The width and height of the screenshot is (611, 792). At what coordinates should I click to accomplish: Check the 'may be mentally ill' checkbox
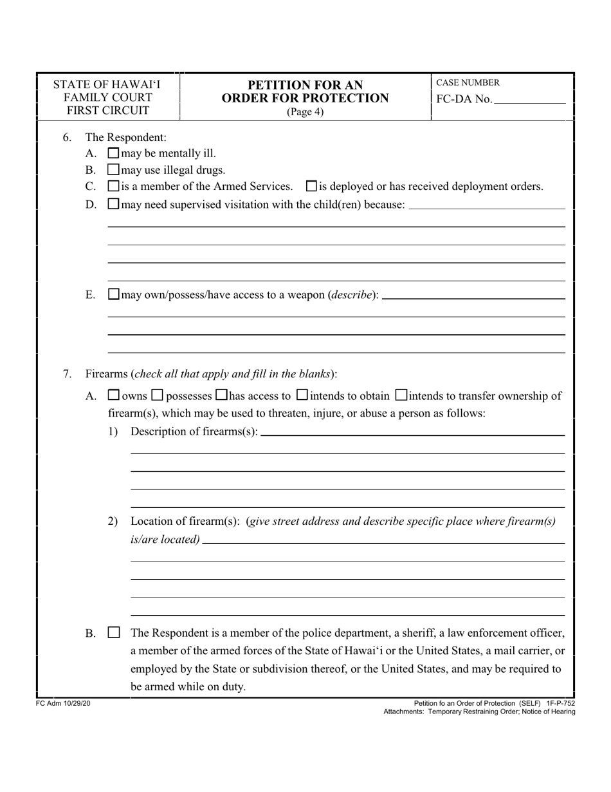[x=113, y=153]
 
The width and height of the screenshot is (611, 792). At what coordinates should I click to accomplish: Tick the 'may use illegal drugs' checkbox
[x=113, y=170]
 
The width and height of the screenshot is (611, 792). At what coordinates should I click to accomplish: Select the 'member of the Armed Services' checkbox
[x=113, y=187]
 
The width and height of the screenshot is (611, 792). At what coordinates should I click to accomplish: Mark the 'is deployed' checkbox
[x=311, y=187]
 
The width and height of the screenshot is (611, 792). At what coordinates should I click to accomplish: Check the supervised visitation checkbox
[x=113, y=204]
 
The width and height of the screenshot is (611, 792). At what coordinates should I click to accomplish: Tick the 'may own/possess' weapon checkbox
[x=113, y=295]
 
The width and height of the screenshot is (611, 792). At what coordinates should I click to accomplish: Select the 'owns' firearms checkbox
[x=113, y=395]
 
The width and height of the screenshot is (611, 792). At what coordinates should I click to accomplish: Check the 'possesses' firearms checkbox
[x=158, y=395]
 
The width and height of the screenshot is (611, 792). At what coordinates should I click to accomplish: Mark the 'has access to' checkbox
[x=221, y=395]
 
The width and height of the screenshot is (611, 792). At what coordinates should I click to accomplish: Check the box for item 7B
[x=113, y=633]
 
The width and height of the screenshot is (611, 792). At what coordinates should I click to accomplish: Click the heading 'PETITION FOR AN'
[x=305, y=85]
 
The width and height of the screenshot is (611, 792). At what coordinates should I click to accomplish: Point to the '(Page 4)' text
[x=305, y=112]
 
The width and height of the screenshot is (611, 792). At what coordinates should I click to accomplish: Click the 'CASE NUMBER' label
[x=468, y=83]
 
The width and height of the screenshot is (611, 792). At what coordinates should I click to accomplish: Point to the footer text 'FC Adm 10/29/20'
[x=63, y=704]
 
